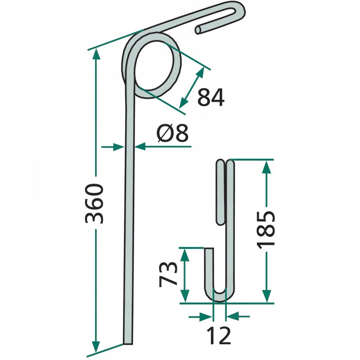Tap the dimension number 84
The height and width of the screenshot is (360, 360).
(x=211, y=97)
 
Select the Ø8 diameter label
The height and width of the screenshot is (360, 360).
(x=172, y=133)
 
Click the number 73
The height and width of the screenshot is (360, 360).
(x=168, y=274)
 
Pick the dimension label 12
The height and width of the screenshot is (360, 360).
(x=218, y=335)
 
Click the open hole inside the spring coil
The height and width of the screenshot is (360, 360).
(x=154, y=65)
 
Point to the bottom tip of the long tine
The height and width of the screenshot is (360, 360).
(x=128, y=344)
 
